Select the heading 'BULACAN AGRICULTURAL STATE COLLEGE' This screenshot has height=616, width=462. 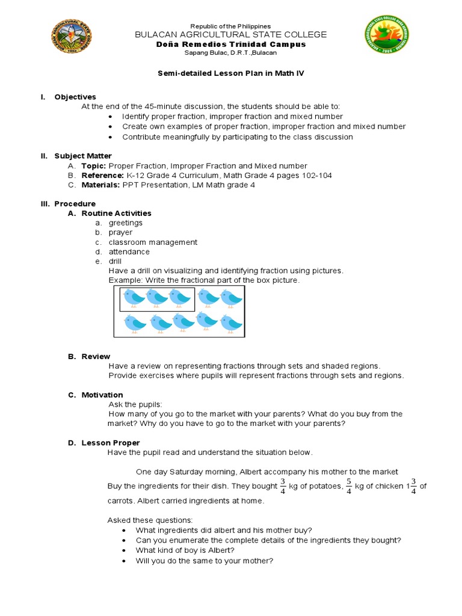coord(231,35)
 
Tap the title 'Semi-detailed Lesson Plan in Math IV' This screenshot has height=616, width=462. coord(230,73)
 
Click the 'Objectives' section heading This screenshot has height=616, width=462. coord(75,97)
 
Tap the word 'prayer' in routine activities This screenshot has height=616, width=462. coord(120,232)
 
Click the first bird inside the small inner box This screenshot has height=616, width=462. coord(134,297)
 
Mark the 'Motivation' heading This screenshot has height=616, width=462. coord(102,395)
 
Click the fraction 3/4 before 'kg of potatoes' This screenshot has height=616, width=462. coord(283,486)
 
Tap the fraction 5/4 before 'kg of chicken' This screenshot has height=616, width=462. coord(348,486)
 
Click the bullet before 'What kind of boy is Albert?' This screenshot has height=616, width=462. coord(123,550)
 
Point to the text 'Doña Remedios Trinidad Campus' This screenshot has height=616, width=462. coord(231,45)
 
